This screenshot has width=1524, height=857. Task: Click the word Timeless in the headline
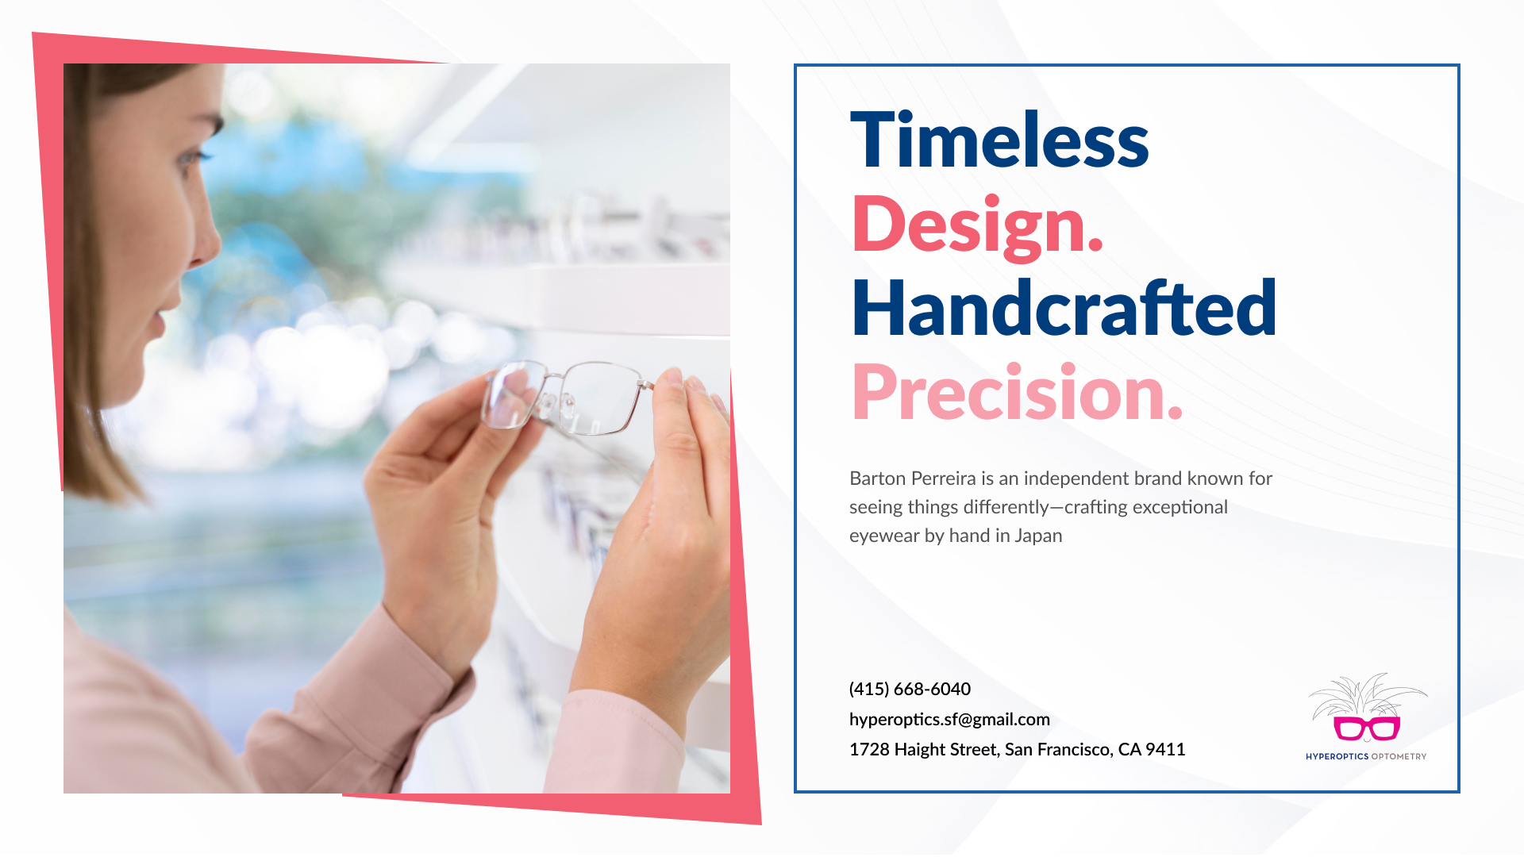click(x=999, y=140)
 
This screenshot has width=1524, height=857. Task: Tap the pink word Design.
click(x=977, y=225)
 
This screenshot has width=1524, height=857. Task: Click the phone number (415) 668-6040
click(x=910, y=689)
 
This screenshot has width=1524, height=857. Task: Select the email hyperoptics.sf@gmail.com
click(x=949, y=719)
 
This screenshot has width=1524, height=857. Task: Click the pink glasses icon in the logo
click(x=1366, y=728)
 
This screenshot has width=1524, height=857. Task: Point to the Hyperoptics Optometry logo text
click(x=1366, y=756)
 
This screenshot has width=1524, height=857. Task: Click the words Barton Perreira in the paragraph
click(x=913, y=478)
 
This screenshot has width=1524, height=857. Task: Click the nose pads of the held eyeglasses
click(x=556, y=405)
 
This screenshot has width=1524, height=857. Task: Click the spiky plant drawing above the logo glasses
click(x=1367, y=695)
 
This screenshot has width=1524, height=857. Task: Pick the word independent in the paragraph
click(x=1076, y=478)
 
